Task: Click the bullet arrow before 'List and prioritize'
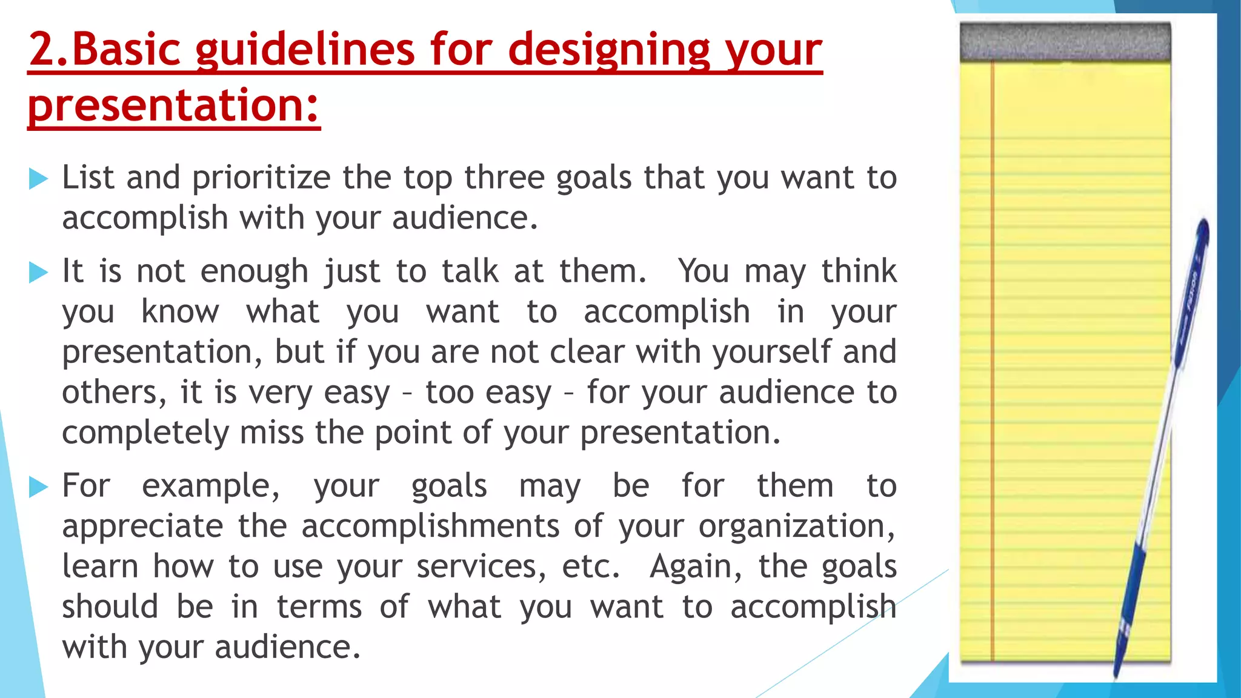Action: (38, 179)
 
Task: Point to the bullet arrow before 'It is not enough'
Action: (38, 272)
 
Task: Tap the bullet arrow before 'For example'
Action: (38, 487)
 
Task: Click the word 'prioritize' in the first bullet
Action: (261, 178)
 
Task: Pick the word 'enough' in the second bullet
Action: (254, 271)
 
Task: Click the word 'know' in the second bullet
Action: (179, 311)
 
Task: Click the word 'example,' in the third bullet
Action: (211, 487)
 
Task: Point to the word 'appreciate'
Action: (142, 527)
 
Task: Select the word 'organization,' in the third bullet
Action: (796, 527)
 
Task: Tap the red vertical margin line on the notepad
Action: (993, 364)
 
